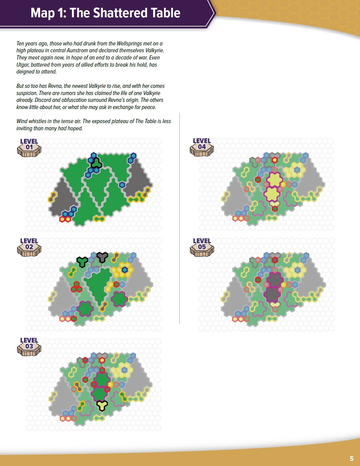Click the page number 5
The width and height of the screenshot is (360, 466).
pyautogui.click(x=352, y=458)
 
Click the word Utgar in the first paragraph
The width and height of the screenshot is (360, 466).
pyautogui.click(x=23, y=65)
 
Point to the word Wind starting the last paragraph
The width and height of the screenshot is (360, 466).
pyautogui.click(x=22, y=121)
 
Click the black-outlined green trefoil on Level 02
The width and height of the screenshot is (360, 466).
pyautogui.click(x=82, y=262)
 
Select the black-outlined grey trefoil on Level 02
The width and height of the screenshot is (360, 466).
pyautogui.click(x=102, y=257)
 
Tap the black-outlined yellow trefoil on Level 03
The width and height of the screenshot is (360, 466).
pyautogui.click(x=102, y=405)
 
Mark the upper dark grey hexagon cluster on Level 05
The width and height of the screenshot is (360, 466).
pyautogui.click(x=274, y=280)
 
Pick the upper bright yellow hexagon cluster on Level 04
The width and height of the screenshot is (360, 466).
pyautogui.click(x=274, y=180)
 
